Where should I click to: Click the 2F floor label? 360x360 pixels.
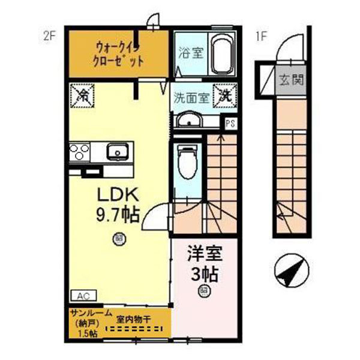(49, 35)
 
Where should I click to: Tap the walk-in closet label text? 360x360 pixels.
(119, 53)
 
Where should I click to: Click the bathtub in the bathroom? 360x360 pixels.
(222, 53)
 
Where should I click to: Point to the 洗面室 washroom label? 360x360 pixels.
(191, 97)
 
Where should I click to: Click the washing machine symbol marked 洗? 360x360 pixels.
(225, 95)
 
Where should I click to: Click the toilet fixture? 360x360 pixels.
(187, 162)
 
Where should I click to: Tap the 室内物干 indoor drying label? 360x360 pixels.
(135, 319)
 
